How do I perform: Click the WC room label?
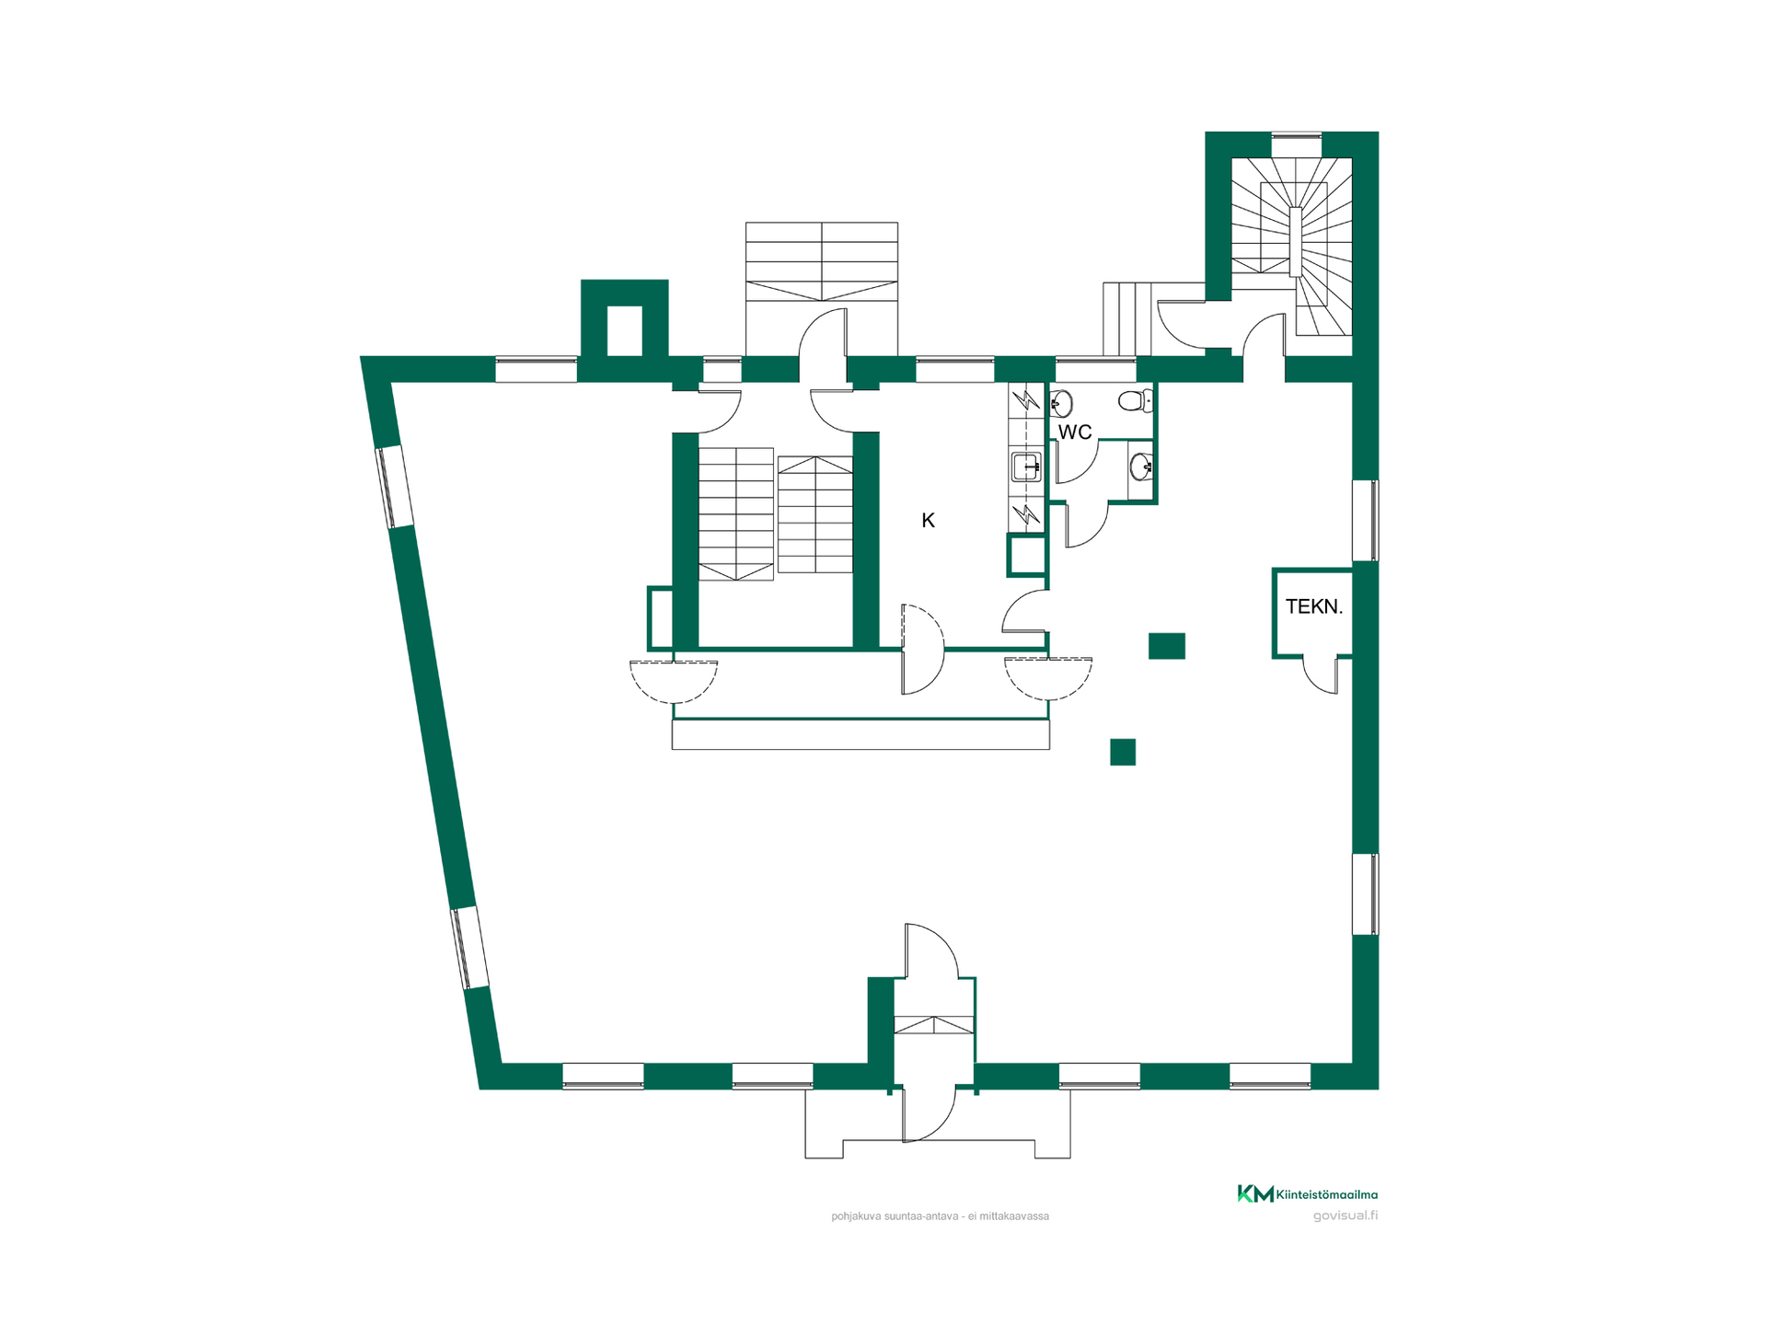1074,432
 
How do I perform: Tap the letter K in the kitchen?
928,521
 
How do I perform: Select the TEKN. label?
1314,606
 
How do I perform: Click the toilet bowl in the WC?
1136,401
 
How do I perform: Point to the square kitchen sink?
1025,467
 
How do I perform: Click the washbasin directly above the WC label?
1061,403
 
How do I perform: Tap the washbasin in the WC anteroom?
1141,467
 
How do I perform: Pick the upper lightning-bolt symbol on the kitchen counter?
1025,399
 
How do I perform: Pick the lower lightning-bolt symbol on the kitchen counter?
1025,514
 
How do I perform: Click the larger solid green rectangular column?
1166,646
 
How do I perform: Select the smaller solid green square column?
1123,752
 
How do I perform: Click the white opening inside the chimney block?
624,330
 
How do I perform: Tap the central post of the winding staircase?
1296,241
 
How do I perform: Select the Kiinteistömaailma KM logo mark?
1255,1193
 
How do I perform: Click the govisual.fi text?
1345,1216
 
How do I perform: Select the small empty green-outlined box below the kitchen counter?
1027,555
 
